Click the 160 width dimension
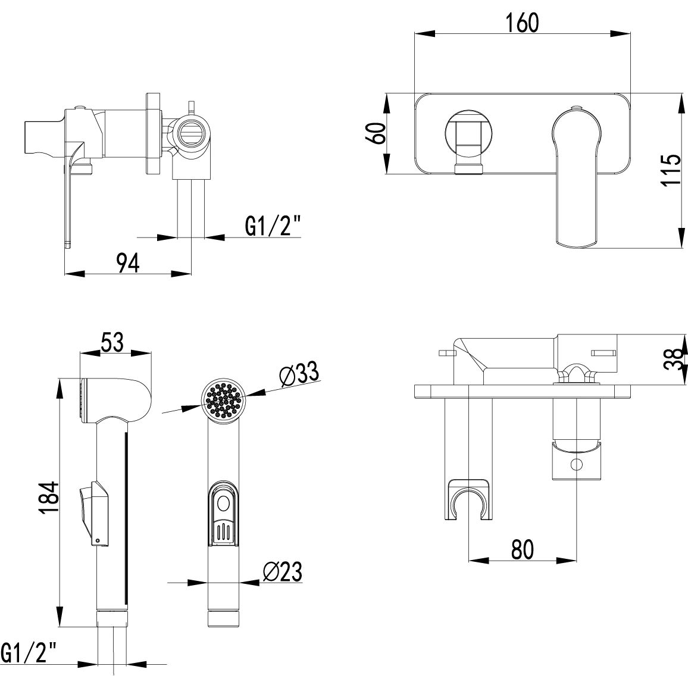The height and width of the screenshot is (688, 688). coord(522,23)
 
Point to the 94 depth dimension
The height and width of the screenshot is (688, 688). coord(127,262)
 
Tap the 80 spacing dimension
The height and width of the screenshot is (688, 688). coord(522,549)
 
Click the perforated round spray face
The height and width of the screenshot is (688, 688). coord(223,401)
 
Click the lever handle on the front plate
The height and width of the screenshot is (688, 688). coord(576,173)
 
